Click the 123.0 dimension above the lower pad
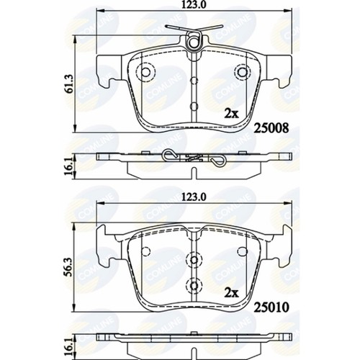(x=190, y=195)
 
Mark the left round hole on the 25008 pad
(x=146, y=73)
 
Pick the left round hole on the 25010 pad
(x=146, y=249)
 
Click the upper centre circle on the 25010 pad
(x=192, y=259)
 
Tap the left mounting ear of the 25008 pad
(x=107, y=71)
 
